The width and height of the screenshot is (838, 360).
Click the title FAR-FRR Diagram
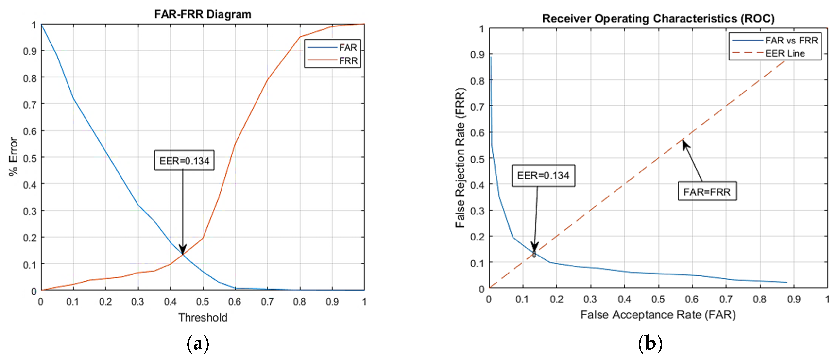pyautogui.click(x=202, y=14)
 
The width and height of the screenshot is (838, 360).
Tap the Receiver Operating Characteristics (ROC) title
pyautogui.click(x=658, y=18)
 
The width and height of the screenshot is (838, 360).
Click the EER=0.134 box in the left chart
pyautogui.click(x=184, y=160)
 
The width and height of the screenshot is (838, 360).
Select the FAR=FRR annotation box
pyautogui.click(x=707, y=192)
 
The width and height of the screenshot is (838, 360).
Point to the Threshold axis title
pyautogui.click(x=202, y=317)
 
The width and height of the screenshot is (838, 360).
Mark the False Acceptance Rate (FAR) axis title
pyautogui.click(x=658, y=315)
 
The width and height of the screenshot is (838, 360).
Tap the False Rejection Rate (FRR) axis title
pyautogui.click(x=460, y=158)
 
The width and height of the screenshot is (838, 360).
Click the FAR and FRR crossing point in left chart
pyautogui.click(x=182, y=254)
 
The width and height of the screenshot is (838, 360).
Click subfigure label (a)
pyautogui.click(x=198, y=344)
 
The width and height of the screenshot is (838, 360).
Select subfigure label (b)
pyautogui.click(x=650, y=344)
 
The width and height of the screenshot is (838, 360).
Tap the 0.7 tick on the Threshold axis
pyautogui.click(x=267, y=302)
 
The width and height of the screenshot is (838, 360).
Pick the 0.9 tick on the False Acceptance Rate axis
pyautogui.click(x=794, y=299)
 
